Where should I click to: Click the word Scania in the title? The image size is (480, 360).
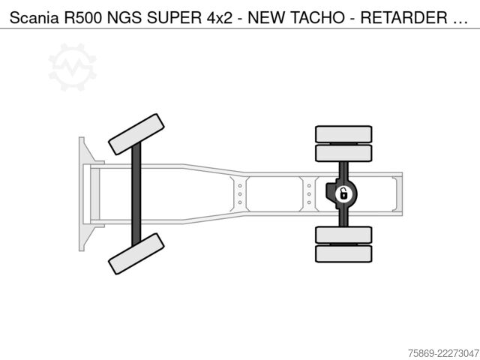pos(34,18)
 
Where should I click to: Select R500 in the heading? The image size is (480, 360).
pos(82,18)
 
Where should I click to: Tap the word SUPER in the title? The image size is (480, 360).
pos(174,18)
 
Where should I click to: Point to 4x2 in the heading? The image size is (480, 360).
pos(220,18)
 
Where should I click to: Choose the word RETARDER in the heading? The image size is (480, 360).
pos(403,18)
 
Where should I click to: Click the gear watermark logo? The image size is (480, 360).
pos(73,67)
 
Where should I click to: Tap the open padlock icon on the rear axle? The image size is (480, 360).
pos(343,194)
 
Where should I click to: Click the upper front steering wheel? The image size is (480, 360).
pos(136,134)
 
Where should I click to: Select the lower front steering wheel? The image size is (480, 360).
pos(136,253)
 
